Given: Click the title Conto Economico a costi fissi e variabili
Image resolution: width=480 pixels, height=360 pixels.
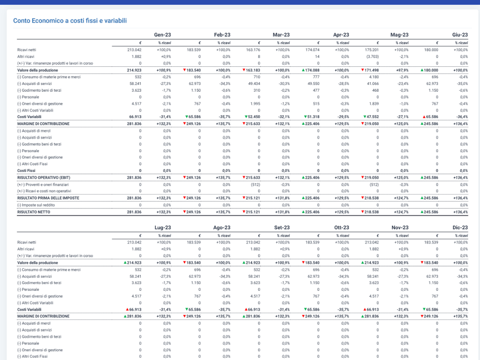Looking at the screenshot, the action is pyautogui.click(x=70, y=20).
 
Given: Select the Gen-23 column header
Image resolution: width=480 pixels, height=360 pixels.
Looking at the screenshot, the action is pyautogui.click(x=162, y=35).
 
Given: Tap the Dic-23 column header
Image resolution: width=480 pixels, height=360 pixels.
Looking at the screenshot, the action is pyautogui.click(x=460, y=228).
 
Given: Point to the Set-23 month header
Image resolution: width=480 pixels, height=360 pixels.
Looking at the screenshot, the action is pyautogui.click(x=282, y=228).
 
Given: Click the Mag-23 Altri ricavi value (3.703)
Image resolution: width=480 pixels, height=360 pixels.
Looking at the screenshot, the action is pyautogui.click(x=373, y=57).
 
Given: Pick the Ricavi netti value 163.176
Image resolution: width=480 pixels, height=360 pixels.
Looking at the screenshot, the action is pyautogui.click(x=253, y=50).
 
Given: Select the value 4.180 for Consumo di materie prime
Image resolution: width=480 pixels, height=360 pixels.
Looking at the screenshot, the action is pyautogui.click(x=374, y=77).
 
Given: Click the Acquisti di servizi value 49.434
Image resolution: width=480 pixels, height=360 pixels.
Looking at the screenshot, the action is pyautogui.click(x=254, y=84).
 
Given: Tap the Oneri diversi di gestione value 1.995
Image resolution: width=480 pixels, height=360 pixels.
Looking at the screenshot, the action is pyautogui.click(x=255, y=104).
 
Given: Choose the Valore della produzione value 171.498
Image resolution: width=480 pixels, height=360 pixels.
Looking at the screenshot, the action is pyautogui.click(x=372, y=70).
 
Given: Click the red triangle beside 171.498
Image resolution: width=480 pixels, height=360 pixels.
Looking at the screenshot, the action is pyautogui.click(x=362, y=70).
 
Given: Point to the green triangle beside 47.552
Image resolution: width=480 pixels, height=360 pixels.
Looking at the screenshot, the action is pyautogui.click(x=365, y=117).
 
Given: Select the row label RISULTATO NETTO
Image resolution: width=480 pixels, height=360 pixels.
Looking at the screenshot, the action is pyautogui.click(x=34, y=212).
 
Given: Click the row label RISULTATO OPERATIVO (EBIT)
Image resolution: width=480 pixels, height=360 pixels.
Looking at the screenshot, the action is pyautogui.click(x=44, y=178).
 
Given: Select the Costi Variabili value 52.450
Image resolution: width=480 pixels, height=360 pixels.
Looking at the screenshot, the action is pyautogui.click(x=254, y=117).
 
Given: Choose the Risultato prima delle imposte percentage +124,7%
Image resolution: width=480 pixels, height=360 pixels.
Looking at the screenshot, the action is pyautogui.click(x=401, y=198).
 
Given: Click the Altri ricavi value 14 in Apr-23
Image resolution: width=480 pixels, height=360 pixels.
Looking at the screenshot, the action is pyautogui.click(x=317, y=57).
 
